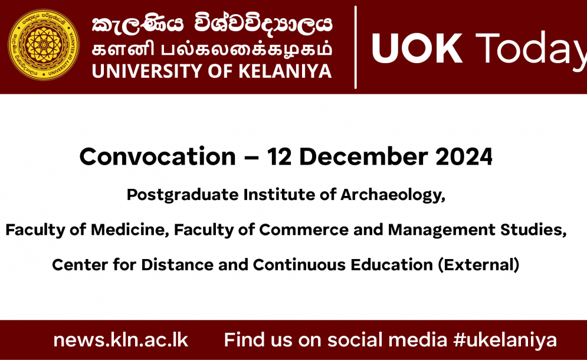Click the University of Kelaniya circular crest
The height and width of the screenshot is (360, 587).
(44, 45)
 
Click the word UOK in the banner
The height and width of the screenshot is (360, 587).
(417, 49)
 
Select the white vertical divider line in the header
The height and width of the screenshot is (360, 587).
(355, 47)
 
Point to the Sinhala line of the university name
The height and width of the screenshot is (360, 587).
(212, 24)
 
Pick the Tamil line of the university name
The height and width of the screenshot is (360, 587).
(212, 50)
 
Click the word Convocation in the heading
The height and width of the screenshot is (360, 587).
(158, 156)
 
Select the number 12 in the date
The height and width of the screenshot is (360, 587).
(279, 156)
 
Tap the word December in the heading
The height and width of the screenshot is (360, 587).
(363, 156)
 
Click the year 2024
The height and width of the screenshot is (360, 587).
(464, 156)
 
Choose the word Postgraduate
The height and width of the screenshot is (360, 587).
(182, 195)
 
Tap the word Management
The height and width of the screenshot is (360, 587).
(442, 230)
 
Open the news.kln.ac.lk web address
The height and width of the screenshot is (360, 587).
(120, 340)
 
